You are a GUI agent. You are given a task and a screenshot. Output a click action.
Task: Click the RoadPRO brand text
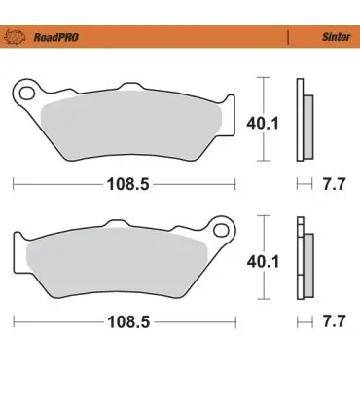(x=56, y=37)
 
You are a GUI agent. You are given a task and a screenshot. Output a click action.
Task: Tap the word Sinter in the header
(x=336, y=37)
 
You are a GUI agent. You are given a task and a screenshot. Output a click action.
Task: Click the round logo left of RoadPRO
(x=15, y=36)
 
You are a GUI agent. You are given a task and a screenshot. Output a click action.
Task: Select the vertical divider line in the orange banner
(x=288, y=37)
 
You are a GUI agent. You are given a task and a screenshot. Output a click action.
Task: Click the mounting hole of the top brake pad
(x=27, y=94)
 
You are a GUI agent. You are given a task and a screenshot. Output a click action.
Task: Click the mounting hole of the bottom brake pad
(x=221, y=230)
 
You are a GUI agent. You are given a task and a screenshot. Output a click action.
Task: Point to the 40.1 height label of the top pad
(x=263, y=124)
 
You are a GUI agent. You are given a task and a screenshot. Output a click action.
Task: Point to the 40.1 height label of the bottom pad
(x=263, y=262)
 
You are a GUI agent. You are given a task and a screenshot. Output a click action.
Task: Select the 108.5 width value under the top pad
(x=128, y=184)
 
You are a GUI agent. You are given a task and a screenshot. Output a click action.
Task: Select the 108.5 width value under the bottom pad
(x=128, y=322)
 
